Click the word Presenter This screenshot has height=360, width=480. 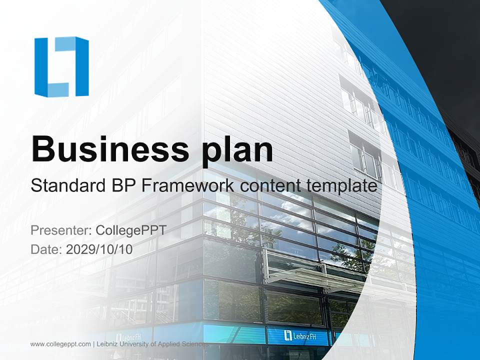[61, 230]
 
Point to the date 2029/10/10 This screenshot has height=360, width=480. [99, 249]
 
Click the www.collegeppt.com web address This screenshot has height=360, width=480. [60, 344]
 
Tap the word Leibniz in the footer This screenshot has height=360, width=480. [106, 344]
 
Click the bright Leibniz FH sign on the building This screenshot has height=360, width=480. [299, 336]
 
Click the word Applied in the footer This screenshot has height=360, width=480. [168, 344]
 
